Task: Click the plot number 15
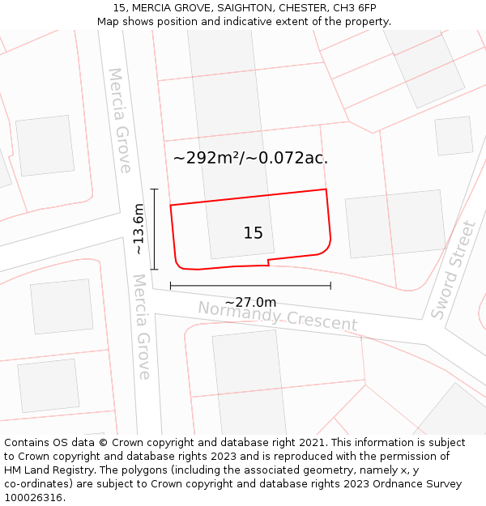pyautogui.click(x=253, y=233)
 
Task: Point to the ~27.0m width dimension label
pyautogui.click(x=250, y=302)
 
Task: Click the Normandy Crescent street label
pyautogui.click(x=277, y=316)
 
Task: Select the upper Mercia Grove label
pyautogui.click(x=120, y=120)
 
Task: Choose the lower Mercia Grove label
pyautogui.click(x=142, y=326)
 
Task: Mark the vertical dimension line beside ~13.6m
pyautogui.click(x=154, y=229)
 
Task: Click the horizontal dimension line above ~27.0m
pyautogui.click(x=250, y=285)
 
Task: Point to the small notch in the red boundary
pyautogui.click(x=268, y=262)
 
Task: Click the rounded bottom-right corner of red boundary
pyautogui.click(x=326, y=249)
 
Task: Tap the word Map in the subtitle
pyautogui.click(x=109, y=22)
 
